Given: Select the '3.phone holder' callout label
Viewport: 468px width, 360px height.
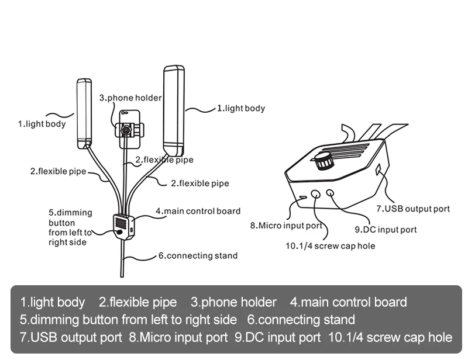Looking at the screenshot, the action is pos(130,98).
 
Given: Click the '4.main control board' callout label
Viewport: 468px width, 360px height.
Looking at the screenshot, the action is pos(198,211).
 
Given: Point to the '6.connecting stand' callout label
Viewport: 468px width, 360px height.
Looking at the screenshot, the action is pos(198,255).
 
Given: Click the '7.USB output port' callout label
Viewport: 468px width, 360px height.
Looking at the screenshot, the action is pos(413,209).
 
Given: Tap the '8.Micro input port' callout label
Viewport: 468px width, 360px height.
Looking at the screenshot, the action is pos(286,226).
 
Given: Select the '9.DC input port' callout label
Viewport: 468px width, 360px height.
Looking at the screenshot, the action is pos(386,230).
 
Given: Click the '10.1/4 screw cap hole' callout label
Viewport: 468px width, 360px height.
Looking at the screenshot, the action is pos(330,246).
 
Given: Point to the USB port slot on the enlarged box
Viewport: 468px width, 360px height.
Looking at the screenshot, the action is pos(378,169).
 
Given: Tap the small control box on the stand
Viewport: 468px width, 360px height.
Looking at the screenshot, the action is pos(123,226).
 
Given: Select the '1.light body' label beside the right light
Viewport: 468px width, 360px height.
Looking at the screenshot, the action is pos(241,108).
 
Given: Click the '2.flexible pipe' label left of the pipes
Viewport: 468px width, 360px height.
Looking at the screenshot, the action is pos(58,171).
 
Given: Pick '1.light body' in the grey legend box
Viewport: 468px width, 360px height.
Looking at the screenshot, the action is pos(53,302).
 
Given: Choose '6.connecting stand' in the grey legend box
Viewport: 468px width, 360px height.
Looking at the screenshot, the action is pos(301,320).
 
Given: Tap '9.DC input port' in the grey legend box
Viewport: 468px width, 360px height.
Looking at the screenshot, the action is pos(277,337).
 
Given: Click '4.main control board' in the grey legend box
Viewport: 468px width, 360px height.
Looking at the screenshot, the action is pos(348,302).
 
